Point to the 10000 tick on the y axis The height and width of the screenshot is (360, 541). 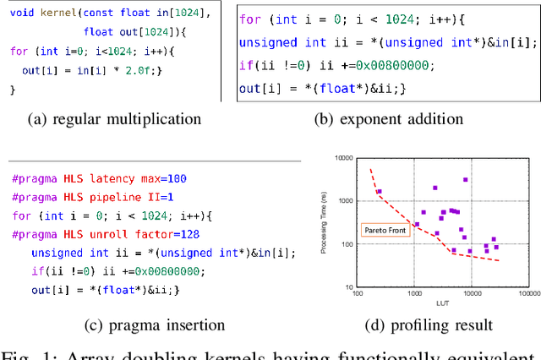343,158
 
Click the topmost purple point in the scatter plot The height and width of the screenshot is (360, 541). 466,180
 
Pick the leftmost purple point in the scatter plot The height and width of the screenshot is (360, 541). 379,192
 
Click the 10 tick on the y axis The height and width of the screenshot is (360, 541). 348,287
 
